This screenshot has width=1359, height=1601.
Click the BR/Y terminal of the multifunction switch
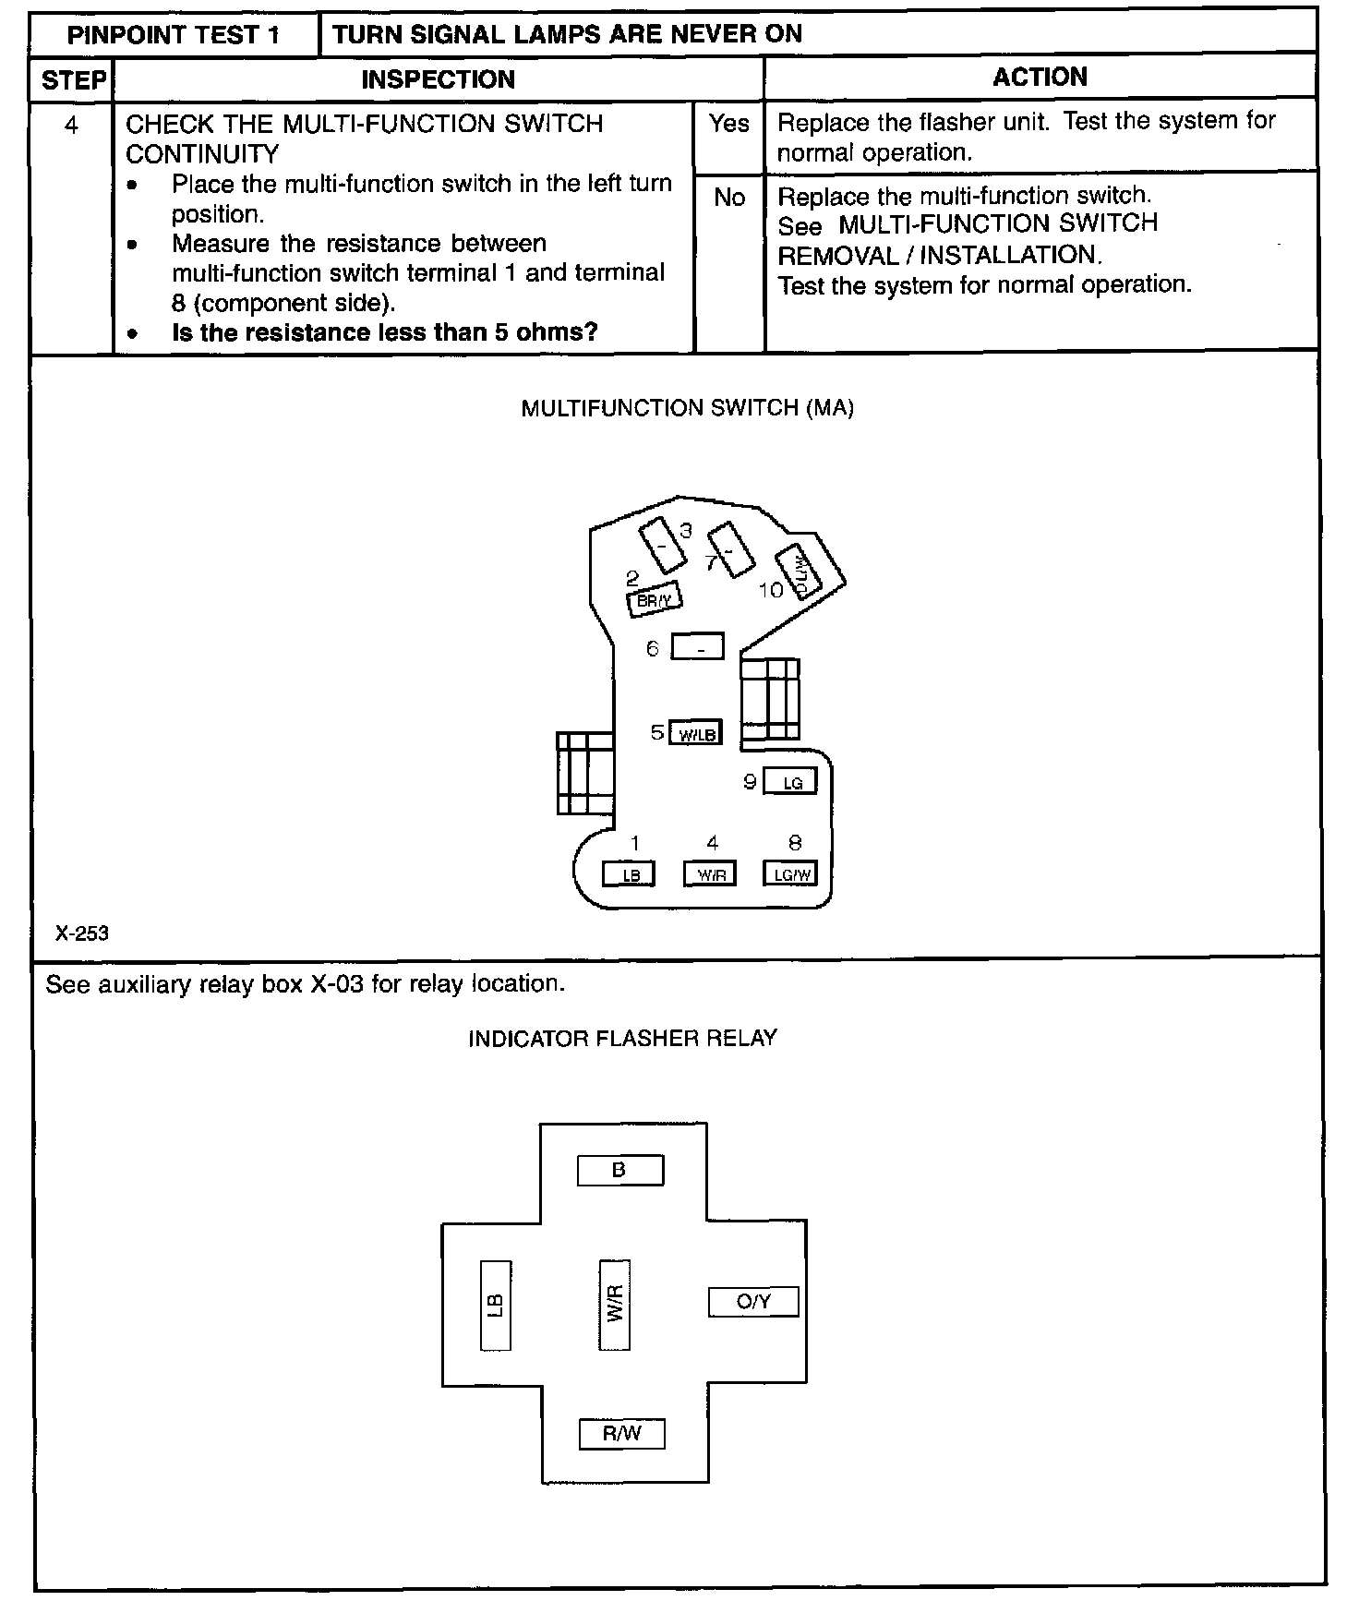[x=654, y=600]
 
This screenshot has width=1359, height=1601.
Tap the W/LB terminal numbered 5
[x=695, y=733]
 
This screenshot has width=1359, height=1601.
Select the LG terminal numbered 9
[x=791, y=782]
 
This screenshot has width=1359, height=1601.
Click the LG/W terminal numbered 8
[x=790, y=873]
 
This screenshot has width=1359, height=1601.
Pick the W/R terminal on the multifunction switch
[x=710, y=873]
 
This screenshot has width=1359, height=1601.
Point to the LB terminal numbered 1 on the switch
[x=630, y=873]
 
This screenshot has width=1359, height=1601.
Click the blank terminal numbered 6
[x=697, y=647]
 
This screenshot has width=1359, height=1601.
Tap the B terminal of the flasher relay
[x=619, y=1171]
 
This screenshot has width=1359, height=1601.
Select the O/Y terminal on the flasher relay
[x=753, y=1302]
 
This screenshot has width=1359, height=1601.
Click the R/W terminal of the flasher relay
[x=621, y=1434]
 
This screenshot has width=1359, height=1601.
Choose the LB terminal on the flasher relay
[x=496, y=1305]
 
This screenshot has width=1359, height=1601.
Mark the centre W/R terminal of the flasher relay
[x=615, y=1304]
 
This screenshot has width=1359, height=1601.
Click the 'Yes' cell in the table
[x=728, y=124]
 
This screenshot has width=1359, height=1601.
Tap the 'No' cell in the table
[x=728, y=198]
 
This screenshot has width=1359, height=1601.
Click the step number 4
[x=71, y=125]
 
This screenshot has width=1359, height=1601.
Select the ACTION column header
[x=1040, y=78]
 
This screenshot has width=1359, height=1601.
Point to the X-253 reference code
[x=82, y=933]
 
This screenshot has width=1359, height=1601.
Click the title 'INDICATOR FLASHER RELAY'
[x=622, y=1039]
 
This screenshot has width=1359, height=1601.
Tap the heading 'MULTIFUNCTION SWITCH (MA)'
[x=687, y=409]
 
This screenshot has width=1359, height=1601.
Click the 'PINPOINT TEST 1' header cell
[x=174, y=35]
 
